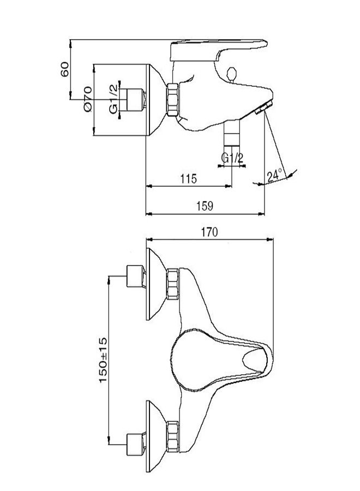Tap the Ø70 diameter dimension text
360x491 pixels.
(87, 100)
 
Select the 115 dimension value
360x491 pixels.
(187, 179)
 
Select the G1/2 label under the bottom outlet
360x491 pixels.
(232, 158)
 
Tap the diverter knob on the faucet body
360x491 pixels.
(231, 73)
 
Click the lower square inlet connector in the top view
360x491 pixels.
(134, 443)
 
